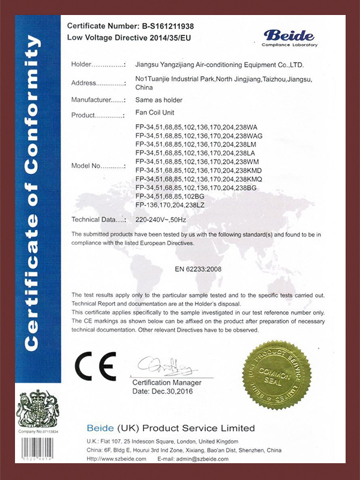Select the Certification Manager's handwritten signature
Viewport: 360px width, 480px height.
tap(162, 365)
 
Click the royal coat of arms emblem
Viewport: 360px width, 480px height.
tap(40, 409)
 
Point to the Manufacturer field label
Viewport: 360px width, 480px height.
tap(98, 99)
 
